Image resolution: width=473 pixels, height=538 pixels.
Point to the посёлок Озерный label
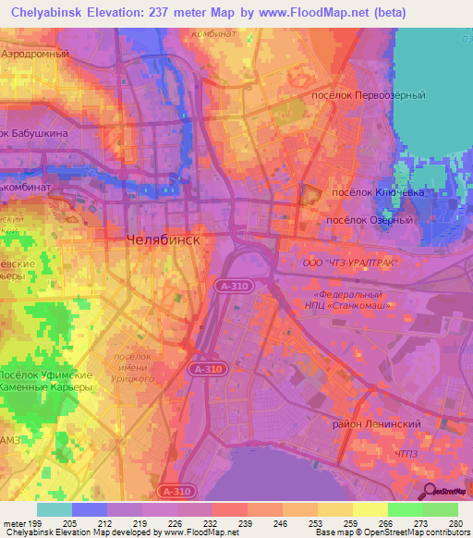point(370,221)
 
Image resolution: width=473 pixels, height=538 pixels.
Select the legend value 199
point(33,523)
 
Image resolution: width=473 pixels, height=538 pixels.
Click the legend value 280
point(453,523)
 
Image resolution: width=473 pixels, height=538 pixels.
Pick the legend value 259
point(348,523)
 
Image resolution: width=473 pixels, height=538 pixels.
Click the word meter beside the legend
point(13,523)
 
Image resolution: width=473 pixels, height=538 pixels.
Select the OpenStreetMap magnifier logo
point(430,492)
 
